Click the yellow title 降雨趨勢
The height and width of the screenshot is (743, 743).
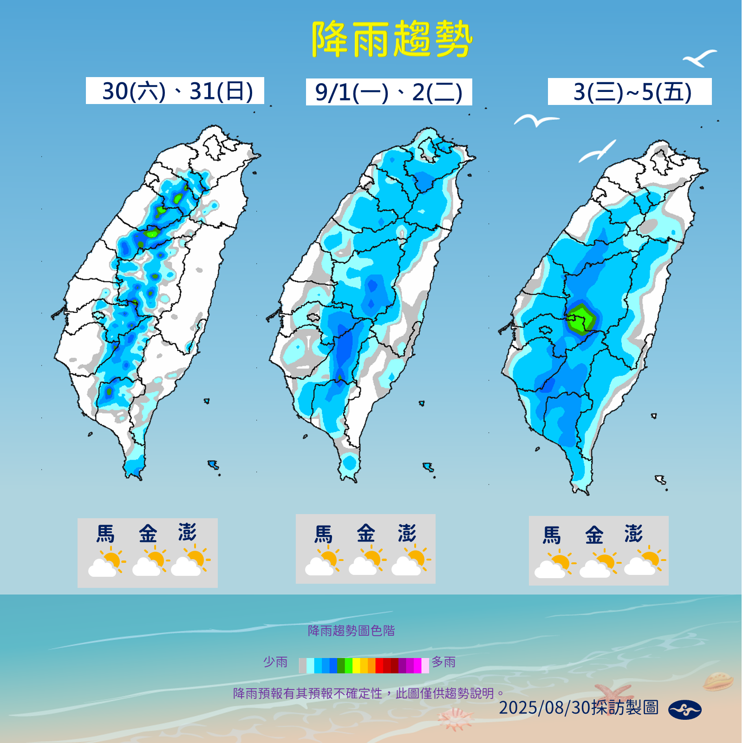coord(391,39)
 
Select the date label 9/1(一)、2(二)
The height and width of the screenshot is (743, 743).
coord(389,92)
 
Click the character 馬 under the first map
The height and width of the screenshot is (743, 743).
coord(105,534)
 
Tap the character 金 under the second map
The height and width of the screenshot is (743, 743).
coord(366,534)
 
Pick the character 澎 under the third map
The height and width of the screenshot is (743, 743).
coord(633,534)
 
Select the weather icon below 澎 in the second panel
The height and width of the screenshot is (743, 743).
coord(411,561)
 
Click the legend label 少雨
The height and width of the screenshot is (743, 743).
coord(275,662)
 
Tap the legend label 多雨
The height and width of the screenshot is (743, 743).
coord(443,662)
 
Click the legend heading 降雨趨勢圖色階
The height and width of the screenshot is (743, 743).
coord(351,631)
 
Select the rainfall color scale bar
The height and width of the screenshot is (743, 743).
coord(364,665)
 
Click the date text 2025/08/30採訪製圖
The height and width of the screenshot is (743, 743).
coord(579,708)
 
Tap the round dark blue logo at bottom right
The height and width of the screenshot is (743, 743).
coord(684,710)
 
